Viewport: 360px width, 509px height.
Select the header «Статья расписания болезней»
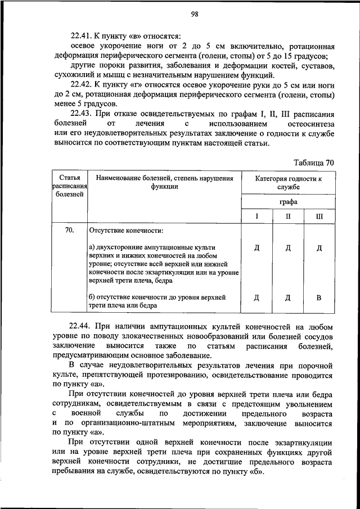[x=69, y=186]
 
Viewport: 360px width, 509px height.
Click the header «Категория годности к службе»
[x=288, y=182]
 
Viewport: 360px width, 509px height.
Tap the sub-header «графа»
[x=288, y=202]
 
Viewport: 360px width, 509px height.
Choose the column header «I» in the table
[x=256, y=216]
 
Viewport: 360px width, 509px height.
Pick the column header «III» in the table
[x=319, y=216]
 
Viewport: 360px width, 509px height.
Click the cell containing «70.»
[x=70, y=230]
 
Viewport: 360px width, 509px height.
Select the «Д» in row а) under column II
[x=288, y=247]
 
